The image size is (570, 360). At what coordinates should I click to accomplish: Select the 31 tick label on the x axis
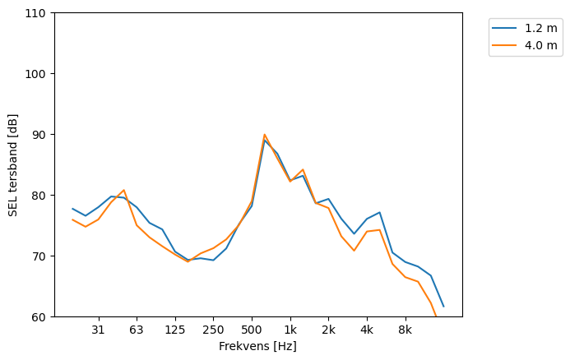coord(98,330)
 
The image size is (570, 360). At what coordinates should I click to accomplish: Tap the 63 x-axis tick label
coord(137,330)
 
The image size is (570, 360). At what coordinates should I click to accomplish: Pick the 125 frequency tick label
coord(174,330)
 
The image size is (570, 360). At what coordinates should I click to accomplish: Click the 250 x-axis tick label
coord(213,330)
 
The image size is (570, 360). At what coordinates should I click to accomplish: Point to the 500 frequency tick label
coord(252,330)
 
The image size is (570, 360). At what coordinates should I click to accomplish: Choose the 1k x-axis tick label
coord(290,330)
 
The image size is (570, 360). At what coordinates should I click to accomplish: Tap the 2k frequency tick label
coord(328,330)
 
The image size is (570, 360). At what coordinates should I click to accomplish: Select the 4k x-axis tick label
coord(367,330)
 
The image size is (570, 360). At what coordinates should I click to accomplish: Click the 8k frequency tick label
coord(405,330)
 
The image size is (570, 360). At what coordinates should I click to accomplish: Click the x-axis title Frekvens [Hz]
coord(257,347)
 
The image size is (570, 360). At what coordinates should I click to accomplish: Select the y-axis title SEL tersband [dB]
coord(13,165)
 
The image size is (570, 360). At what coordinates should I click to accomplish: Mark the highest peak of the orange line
coord(265,134)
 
